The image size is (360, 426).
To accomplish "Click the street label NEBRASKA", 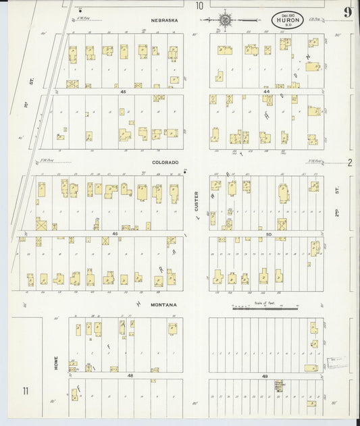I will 165,20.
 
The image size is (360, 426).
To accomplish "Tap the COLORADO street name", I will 165,162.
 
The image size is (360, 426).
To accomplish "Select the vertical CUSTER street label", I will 197,202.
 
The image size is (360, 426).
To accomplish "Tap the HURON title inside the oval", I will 288,20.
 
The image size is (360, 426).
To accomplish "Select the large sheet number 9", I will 346,12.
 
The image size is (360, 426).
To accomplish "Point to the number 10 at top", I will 199,6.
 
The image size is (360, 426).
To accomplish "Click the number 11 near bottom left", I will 26,391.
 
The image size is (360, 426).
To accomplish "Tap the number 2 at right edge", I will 350,162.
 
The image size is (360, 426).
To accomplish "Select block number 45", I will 123,91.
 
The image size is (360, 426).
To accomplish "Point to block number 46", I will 115,234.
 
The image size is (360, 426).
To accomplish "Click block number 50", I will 268,234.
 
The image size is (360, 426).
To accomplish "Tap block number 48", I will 130,375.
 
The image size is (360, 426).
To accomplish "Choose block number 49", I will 265,375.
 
